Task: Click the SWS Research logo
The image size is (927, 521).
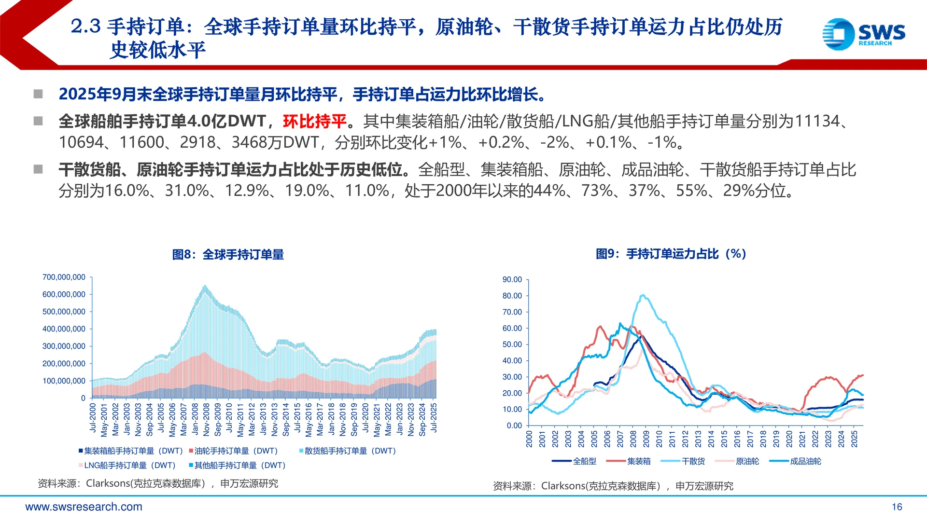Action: pyautogui.click(x=863, y=34)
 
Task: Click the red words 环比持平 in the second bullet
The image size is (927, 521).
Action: pyautogui.click(x=315, y=121)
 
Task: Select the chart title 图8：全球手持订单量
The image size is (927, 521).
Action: pyautogui.click(x=228, y=254)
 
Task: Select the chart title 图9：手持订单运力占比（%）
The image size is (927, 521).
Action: pyautogui.click(x=671, y=254)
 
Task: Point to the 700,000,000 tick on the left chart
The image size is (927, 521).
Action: pyautogui.click(x=64, y=277)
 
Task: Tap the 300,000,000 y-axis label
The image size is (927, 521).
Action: pyautogui.click(x=64, y=346)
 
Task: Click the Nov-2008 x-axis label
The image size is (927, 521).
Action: pyautogui.click(x=207, y=419)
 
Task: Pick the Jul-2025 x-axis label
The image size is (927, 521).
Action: pyautogui.click(x=434, y=418)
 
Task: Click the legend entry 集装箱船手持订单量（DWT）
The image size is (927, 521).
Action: pyautogui.click(x=130, y=451)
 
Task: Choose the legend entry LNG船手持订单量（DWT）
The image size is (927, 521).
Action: pyautogui.click(x=126, y=466)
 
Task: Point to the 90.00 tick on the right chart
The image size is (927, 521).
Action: pyautogui.click(x=512, y=280)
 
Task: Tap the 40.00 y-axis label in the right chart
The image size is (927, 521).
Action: pyautogui.click(x=512, y=361)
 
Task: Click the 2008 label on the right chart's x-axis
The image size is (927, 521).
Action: pyautogui.click(x=633, y=439)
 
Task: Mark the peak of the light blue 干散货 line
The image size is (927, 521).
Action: pyautogui.click(x=643, y=295)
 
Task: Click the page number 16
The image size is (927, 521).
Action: pyautogui.click(x=897, y=507)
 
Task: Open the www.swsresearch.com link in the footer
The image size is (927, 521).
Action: pyautogui.click(x=84, y=507)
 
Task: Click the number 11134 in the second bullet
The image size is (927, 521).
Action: pyautogui.click(x=817, y=121)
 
